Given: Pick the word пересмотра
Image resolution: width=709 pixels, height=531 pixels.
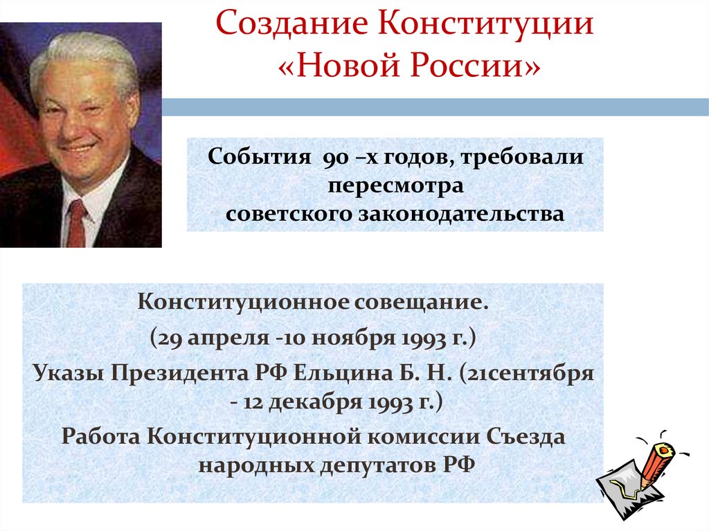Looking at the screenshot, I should [395, 186].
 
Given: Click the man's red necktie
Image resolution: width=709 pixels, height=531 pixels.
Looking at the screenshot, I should [76, 222].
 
